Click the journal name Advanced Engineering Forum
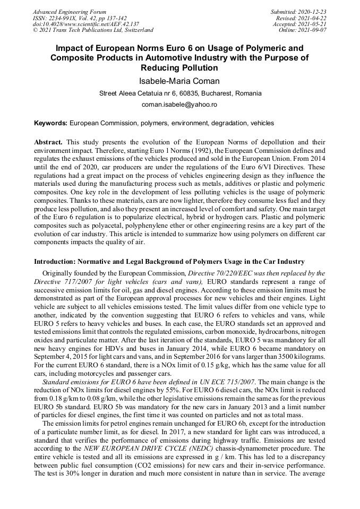69,12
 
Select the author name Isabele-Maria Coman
179,81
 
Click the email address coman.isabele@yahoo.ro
179,105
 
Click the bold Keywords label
51,123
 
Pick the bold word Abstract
48,143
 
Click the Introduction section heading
169,262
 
